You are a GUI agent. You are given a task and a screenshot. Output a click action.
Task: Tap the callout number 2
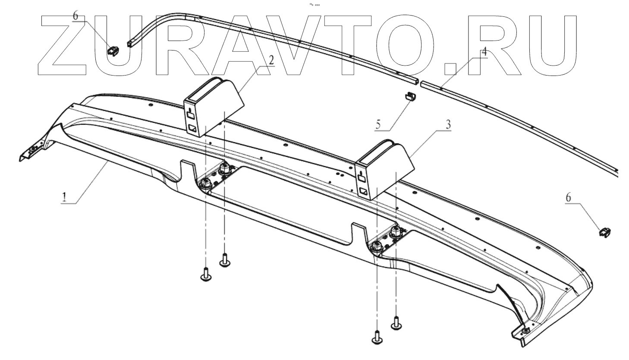tap(270, 60)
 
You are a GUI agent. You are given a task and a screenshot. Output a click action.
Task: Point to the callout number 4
tap(484, 51)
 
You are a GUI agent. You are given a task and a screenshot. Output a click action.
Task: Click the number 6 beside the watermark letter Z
tap(75, 16)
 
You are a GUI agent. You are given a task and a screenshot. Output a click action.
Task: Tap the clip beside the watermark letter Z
tap(113, 51)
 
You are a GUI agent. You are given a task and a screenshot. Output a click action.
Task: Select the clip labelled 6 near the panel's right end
tap(604, 232)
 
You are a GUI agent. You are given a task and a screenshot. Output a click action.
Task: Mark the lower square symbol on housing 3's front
tap(364, 191)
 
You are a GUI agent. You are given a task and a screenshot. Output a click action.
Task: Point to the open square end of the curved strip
tap(130, 43)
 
